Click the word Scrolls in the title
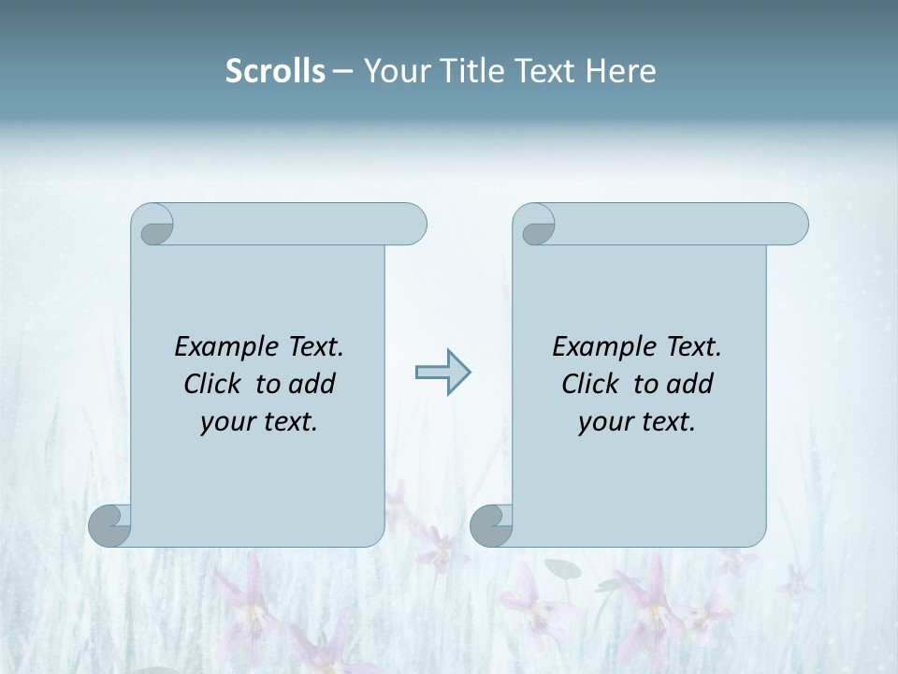[275, 71]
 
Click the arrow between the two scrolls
[442, 373]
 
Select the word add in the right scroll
[689, 384]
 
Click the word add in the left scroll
[311, 384]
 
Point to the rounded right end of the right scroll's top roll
[791, 225]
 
